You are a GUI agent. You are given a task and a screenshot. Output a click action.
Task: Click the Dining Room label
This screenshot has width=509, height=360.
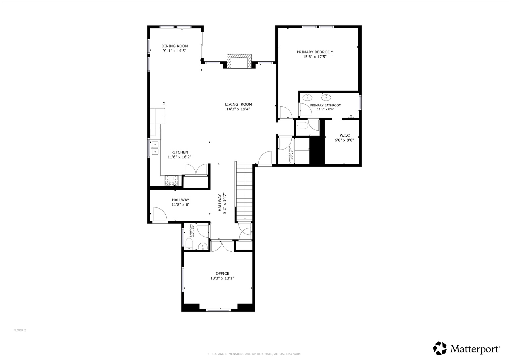click(x=175, y=46)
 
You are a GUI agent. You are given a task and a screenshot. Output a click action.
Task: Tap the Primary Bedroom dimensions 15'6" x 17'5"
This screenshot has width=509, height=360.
click(x=315, y=57)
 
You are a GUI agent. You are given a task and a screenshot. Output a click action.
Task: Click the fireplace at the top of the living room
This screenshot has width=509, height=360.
click(x=239, y=62)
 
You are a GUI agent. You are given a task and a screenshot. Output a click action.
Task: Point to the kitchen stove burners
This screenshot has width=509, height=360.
click(x=171, y=180)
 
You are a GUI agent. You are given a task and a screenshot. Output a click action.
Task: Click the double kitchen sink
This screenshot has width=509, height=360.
click(x=155, y=148)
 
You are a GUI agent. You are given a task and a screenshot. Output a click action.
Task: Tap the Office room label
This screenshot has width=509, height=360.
click(x=222, y=273)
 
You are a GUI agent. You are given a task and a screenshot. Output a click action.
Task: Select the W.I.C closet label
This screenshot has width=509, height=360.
click(x=344, y=135)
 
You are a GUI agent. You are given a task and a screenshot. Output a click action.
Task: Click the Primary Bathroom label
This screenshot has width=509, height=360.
click(x=325, y=105)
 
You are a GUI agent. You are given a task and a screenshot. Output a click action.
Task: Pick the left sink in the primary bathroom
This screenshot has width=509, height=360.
click(x=308, y=97)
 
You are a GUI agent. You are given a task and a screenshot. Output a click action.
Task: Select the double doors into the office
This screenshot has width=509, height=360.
click(x=222, y=246)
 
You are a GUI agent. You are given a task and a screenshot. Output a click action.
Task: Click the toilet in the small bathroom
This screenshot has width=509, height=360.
click(x=189, y=244)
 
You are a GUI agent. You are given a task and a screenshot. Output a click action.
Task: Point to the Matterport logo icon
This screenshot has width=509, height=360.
click(x=440, y=348)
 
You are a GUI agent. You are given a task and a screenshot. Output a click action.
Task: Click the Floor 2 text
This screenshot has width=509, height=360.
click(x=20, y=330)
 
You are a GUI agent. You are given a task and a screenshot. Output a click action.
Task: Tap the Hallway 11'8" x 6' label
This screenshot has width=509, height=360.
click(x=180, y=202)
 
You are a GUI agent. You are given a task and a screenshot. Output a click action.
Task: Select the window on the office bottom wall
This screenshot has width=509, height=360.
click(x=218, y=310)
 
